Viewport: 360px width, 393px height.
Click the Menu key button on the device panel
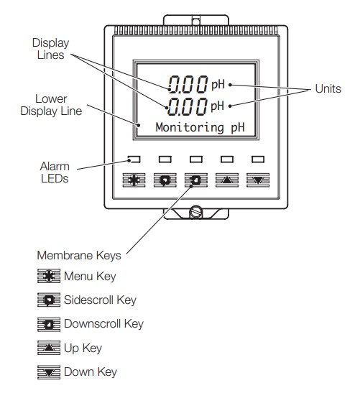pos(134,180)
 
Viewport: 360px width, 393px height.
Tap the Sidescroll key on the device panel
pos(165,180)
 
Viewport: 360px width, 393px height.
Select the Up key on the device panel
pos(227,180)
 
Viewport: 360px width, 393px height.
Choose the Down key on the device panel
pos(258,180)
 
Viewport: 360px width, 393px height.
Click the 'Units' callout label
pos(328,88)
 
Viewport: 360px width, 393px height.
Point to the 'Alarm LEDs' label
pos(55,172)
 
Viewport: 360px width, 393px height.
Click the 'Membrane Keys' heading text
pos(79,255)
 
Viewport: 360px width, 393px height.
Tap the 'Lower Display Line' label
pos(51,105)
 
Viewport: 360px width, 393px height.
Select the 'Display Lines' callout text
pos(50,49)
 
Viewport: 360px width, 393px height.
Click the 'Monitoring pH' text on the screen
pos(200,127)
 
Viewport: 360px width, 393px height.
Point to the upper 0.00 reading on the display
pos(188,85)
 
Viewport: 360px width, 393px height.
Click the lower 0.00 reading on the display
pos(187,106)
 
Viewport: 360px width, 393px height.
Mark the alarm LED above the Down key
pos(258,159)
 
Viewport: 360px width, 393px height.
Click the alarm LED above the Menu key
pos(134,159)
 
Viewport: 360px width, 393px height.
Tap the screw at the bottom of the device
pos(195,211)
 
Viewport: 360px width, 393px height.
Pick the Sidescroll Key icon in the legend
pos(49,300)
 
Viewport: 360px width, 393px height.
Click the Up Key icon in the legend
pos(49,348)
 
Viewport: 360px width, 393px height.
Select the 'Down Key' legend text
pos(91,371)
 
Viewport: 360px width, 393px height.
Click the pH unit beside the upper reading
pos(218,85)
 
